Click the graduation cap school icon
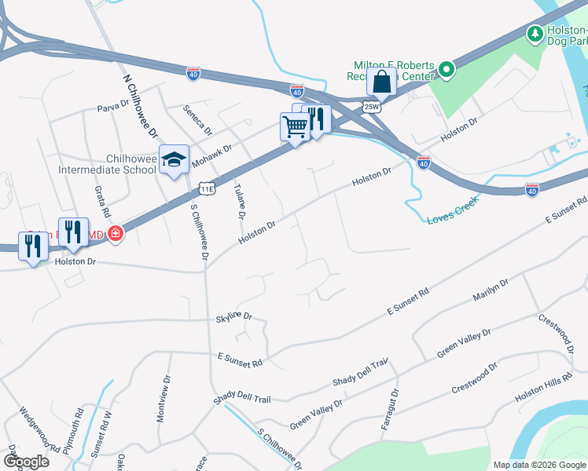coord(174,160)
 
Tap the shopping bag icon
coord(381,82)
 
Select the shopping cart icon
coord(295,126)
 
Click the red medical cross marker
coord(116,233)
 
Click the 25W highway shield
coord(371,106)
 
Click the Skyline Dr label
coord(234,316)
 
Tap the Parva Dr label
coord(112,106)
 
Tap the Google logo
coord(26,462)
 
